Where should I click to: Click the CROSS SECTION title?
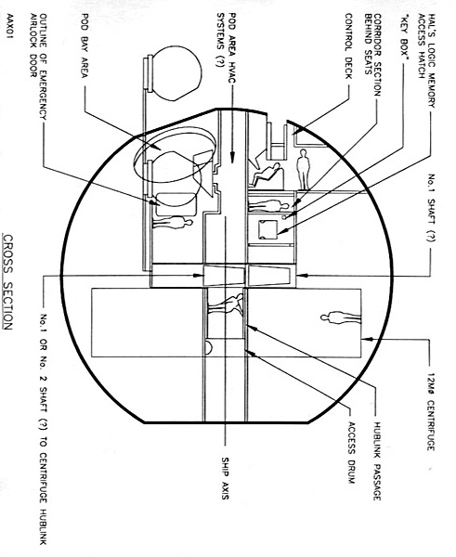click(x=8, y=281)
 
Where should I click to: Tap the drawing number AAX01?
click(x=10, y=29)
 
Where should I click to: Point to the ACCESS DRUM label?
click(x=351, y=453)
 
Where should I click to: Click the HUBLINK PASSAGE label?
click(x=377, y=460)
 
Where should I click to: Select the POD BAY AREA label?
click(x=85, y=45)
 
